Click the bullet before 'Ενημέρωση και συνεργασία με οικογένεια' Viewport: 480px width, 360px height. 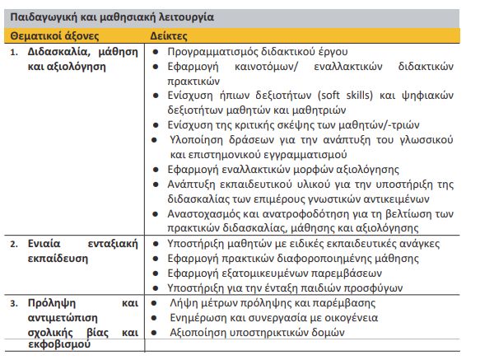coord(156,318)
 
